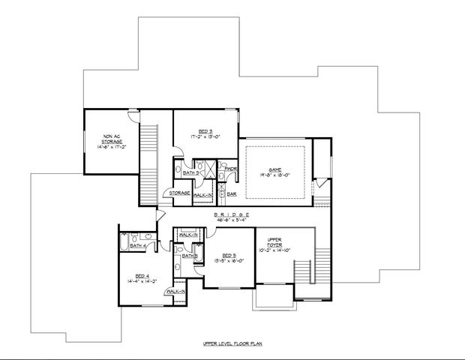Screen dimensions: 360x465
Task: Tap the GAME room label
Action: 275,169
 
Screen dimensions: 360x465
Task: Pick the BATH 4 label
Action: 137,245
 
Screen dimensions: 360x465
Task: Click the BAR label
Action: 232,193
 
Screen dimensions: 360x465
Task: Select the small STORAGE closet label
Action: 179,193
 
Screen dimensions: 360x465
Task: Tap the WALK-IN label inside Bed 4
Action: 176,291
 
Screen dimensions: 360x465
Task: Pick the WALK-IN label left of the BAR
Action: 202,194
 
